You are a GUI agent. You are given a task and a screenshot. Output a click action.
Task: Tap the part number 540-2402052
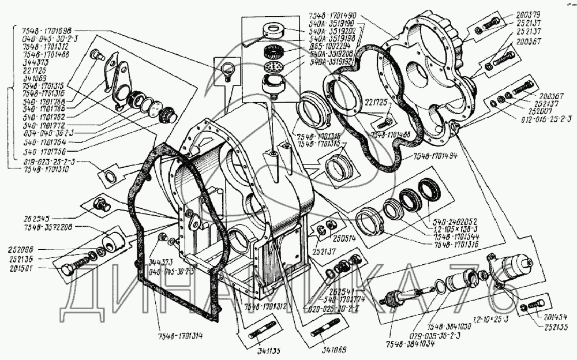tap(448, 220)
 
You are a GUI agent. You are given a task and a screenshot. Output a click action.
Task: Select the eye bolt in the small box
tap(226, 72)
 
